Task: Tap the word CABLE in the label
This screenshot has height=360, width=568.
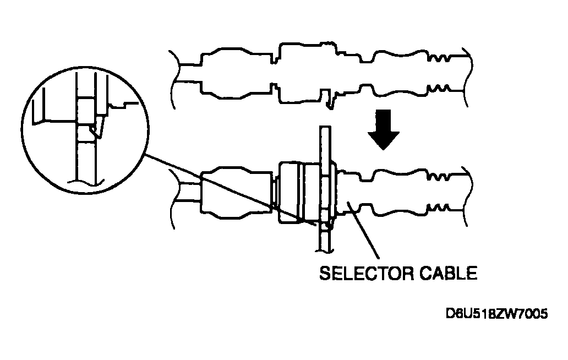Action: (449, 273)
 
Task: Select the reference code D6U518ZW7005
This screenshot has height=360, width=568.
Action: (496, 313)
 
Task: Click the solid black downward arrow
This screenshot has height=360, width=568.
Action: (384, 129)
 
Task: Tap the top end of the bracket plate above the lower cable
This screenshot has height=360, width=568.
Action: (325, 127)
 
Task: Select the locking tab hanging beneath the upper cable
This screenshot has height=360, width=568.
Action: (329, 99)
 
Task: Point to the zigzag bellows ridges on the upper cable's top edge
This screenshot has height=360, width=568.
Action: (439, 57)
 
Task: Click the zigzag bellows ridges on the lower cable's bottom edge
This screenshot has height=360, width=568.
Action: (439, 208)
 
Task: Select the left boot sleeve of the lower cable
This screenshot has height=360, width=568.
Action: (236, 192)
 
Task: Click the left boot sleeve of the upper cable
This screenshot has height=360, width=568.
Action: (236, 74)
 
